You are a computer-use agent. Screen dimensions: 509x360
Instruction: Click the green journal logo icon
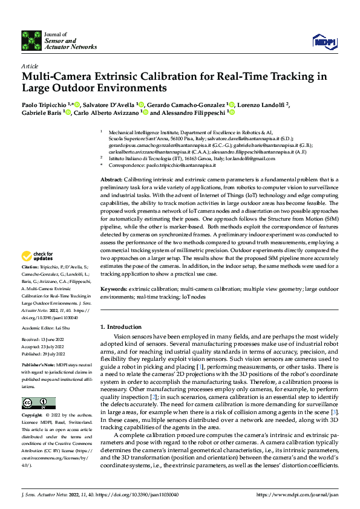[31, 40]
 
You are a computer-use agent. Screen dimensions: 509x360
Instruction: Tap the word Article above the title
[30, 66]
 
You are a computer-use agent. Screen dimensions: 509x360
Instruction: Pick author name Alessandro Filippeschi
[190, 112]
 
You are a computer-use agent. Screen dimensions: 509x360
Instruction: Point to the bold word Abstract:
[111, 180]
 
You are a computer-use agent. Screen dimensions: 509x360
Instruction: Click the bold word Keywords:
[113, 290]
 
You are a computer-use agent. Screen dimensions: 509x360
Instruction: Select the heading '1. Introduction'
[125, 326]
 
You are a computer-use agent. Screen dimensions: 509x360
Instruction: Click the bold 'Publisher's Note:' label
[38, 366]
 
